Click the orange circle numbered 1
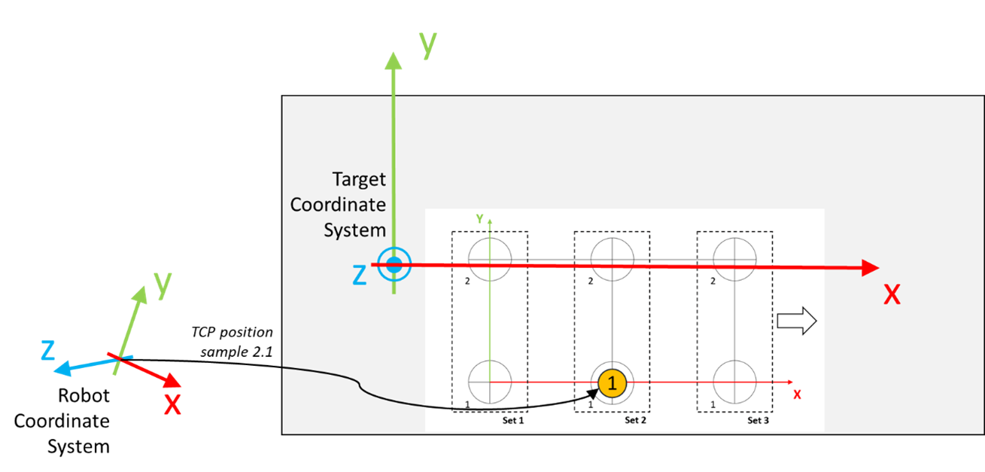[612, 382]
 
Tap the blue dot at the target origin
[394, 265]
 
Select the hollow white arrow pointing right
[797, 321]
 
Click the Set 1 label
[513, 421]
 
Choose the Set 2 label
[635, 421]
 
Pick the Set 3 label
[758, 421]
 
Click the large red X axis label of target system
[892, 294]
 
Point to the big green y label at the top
[428, 45]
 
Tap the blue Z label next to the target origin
[359, 275]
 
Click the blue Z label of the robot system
[48, 351]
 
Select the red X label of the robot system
[172, 405]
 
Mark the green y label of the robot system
[163, 285]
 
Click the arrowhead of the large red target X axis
[870, 268]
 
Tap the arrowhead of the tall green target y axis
[393, 61]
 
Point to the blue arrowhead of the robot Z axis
[62, 368]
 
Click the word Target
[359, 179]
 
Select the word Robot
[84, 395]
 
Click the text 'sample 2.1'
[236, 352]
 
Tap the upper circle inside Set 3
[734, 260]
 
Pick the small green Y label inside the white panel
[479, 218]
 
